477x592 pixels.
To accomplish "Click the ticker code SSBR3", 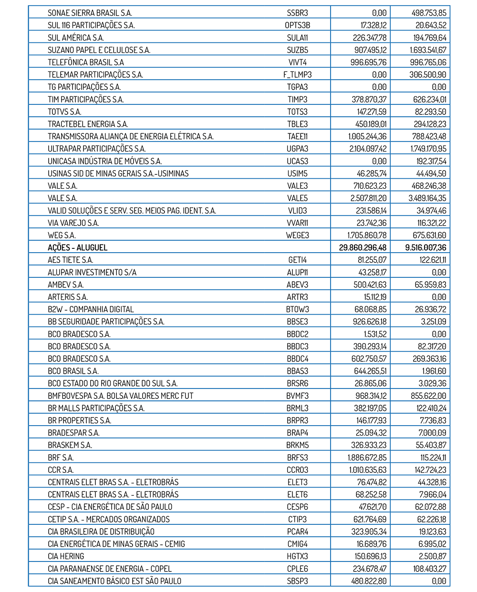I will tap(298, 13).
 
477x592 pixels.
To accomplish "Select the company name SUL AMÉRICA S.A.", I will tap(76, 38).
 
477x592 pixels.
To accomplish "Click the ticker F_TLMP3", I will tap(298, 75).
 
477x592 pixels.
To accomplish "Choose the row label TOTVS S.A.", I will tap(64, 112).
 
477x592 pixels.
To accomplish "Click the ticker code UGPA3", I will tap(298, 149).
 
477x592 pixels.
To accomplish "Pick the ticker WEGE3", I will tap(298, 235).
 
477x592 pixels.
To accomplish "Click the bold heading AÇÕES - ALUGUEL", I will tap(78, 248).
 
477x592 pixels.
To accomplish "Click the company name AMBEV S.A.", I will tap(66, 285).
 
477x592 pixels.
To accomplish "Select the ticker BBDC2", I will tap(298, 334).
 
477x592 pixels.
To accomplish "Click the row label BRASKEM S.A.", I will tap(70, 445).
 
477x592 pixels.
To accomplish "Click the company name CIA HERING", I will tap(66, 556).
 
